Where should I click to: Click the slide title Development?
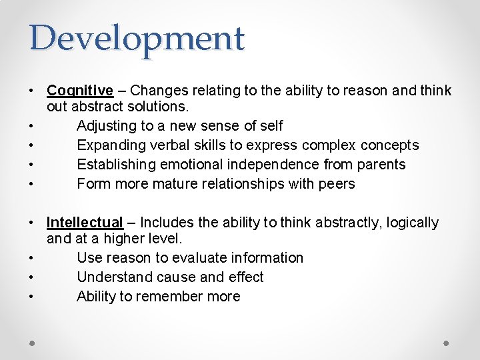coord(137,39)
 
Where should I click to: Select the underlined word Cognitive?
coord(80,91)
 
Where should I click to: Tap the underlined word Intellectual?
coord(85,223)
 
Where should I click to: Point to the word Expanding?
coord(110,145)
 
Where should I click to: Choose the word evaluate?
coord(205,258)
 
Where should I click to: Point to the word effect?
coord(246,277)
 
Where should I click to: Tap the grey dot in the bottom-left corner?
coord(33,343)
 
